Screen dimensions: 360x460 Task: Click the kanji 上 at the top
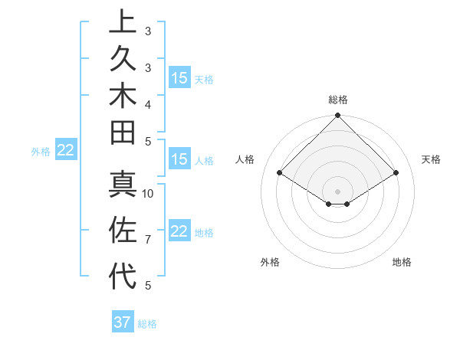(x=123, y=21)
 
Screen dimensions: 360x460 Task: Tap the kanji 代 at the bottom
(x=123, y=275)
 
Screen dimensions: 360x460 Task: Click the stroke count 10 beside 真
(x=149, y=193)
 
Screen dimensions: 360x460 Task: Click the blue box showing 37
(x=123, y=322)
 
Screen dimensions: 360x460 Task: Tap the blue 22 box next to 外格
(x=65, y=150)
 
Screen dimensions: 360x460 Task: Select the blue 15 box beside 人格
(x=179, y=159)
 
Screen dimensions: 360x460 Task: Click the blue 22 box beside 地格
(x=179, y=231)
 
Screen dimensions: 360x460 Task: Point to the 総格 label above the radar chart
(x=338, y=100)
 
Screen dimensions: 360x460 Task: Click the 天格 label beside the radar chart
(x=431, y=159)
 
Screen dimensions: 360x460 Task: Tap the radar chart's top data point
(x=337, y=117)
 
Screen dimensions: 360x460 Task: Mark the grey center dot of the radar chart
(x=337, y=191)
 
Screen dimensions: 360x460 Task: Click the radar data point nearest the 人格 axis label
(x=280, y=173)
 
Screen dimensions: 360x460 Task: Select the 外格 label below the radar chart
(x=270, y=262)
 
